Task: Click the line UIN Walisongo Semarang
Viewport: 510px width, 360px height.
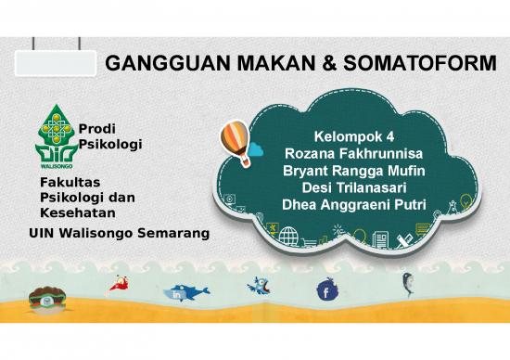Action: pyautogui.click(x=117, y=232)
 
